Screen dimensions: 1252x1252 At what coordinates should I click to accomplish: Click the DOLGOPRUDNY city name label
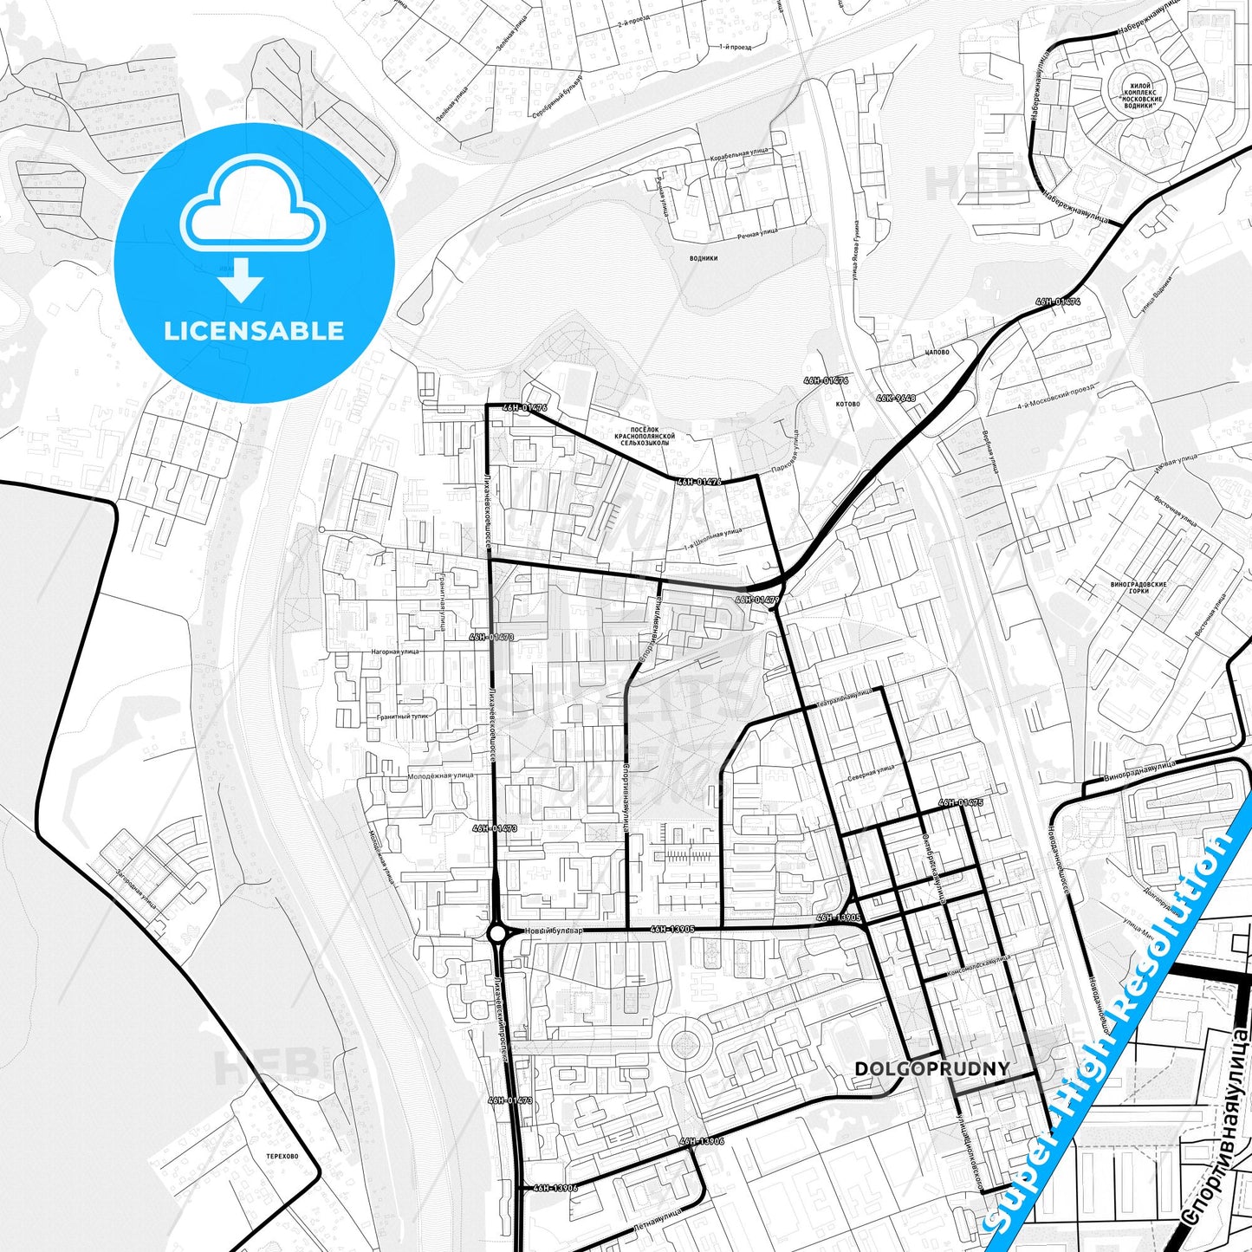click(931, 1069)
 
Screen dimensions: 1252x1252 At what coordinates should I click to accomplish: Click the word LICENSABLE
click(254, 330)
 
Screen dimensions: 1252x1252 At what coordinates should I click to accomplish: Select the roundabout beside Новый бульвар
click(497, 933)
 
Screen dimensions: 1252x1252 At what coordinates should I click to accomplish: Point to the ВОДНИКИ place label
click(703, 258)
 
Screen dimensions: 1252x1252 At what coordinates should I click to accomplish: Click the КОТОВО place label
click(848, 404)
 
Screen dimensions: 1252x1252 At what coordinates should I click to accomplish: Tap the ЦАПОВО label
click(937, 353)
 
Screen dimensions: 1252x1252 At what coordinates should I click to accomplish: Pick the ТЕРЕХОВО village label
click(282, 1156)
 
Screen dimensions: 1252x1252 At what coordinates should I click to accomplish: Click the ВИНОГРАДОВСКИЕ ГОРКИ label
click(1138, 587)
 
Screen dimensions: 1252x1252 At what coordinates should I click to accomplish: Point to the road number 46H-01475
click(960, 803)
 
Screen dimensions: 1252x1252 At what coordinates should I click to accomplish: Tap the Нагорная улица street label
click(394, 651)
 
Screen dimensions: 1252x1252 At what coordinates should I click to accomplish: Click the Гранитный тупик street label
click(402, 717)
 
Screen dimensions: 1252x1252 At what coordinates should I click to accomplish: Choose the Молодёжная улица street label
click(440, 775)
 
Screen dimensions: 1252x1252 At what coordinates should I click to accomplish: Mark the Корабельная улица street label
click(738, 154)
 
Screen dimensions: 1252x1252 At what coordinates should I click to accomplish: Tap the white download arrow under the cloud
click(242, 279)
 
